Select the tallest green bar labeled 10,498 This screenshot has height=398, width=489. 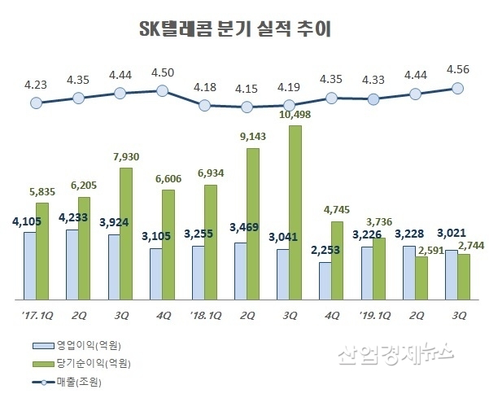click(295, 212)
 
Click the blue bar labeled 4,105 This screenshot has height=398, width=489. click(29, 265)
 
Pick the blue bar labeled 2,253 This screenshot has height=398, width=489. click(325, 279)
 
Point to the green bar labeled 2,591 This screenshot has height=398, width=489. click(422, 276)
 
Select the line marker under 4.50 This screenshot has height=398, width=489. click(162, 90)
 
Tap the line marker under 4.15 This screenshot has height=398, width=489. click(247, 107)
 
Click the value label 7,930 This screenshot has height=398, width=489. click(127, 156)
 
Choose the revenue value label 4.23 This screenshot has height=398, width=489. click(35, 83)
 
